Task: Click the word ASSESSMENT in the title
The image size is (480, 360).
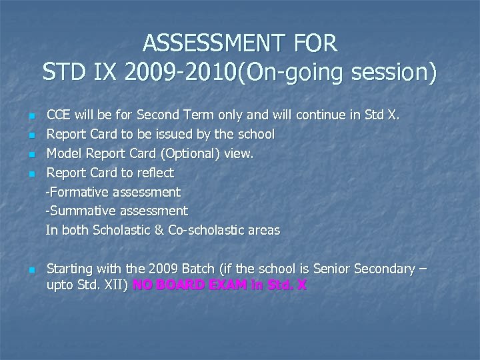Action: pos(200,44)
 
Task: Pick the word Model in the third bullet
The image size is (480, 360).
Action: pos(63,153)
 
